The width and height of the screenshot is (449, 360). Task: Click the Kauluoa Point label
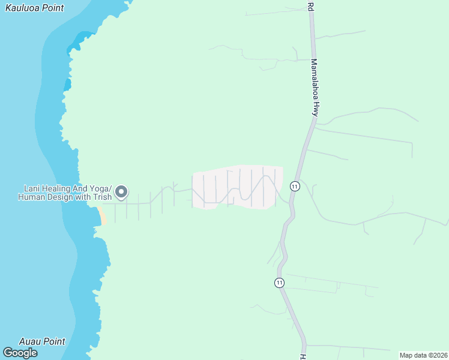point(34,8)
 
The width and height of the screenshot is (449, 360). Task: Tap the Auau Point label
point(42,341)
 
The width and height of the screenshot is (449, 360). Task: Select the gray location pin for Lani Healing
point(121,192)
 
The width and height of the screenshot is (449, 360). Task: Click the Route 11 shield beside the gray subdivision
point(294,186)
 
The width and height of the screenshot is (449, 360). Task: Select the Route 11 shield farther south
point(280,282)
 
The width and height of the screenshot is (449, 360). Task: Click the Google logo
point(20,353)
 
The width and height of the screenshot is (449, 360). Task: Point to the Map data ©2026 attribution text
point(423,355)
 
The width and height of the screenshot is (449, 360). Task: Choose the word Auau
point(29,341)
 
